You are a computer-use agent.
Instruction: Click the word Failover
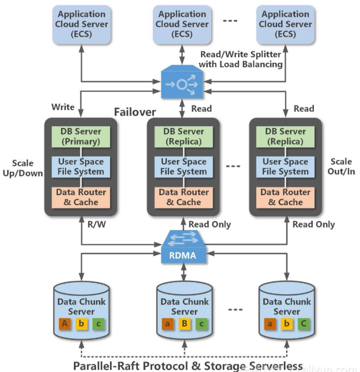click(135, 112)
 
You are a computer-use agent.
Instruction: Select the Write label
click(63, 106)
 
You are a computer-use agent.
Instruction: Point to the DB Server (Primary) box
click(82, 136)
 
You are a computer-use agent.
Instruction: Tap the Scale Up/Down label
click(22, 167)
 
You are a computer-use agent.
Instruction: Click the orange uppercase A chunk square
click(64, 324)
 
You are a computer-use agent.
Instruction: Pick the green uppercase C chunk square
click(303, 324)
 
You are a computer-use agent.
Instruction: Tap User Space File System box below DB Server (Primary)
click(82, 166)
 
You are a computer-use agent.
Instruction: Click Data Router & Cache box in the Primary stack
click(82, 197)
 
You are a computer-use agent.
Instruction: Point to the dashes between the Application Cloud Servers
click(229, 21)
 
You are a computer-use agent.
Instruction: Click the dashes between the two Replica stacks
click(234, 166)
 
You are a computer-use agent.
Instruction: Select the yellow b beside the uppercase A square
click(82, 324)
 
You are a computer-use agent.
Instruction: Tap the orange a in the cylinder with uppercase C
click(269, 324)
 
